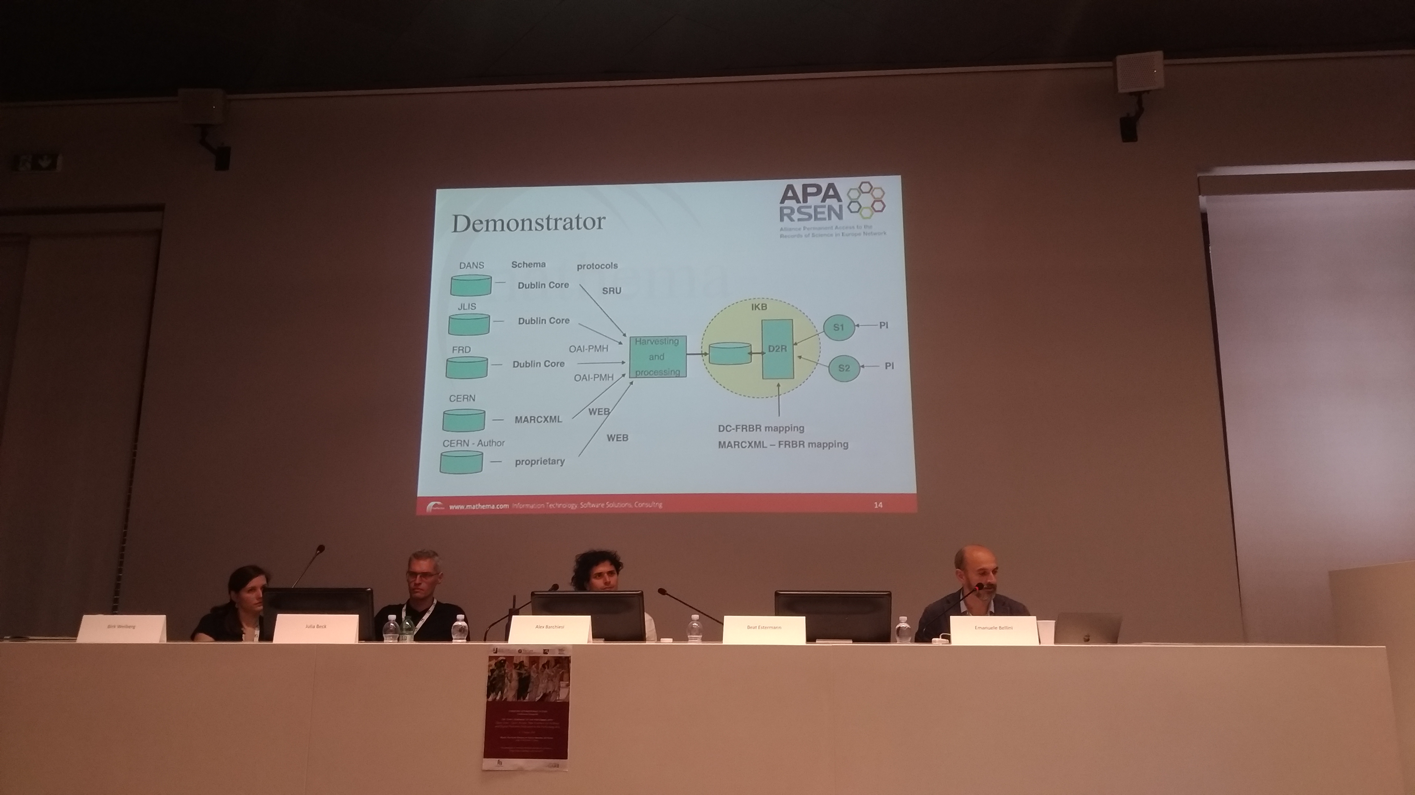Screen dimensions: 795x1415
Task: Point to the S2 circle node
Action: tap(844, 368)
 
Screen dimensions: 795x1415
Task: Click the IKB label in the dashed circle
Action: tap(759, 307)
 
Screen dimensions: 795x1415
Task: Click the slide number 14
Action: tap(878, 504)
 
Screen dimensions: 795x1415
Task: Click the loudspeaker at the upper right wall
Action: tap(1139, 73)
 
